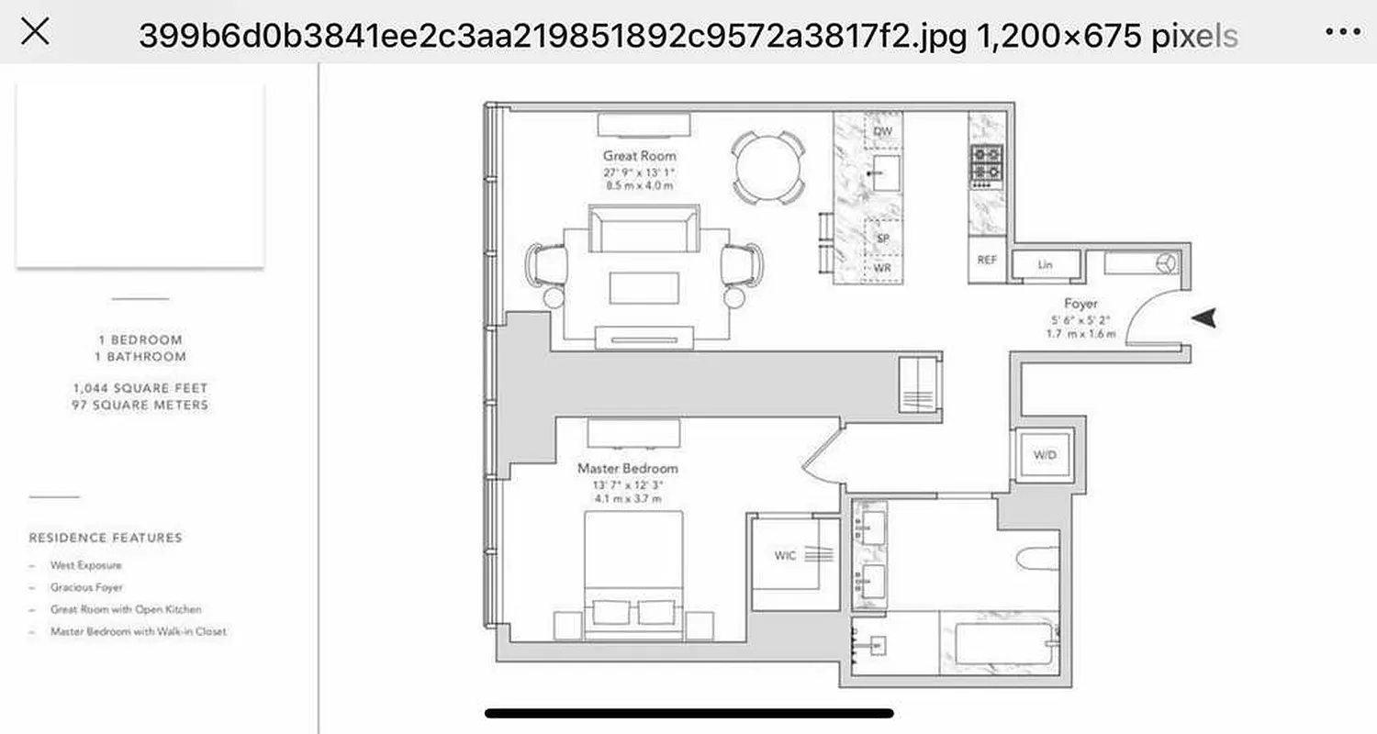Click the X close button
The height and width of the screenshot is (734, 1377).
(x=35, y=32)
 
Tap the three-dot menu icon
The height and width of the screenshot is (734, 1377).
(x=1342, y=32)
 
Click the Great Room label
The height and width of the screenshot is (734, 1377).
(x=639, y=156)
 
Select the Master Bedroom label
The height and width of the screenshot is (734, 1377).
(x=627, y=468)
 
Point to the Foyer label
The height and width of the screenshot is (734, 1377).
(x=1080, y=303)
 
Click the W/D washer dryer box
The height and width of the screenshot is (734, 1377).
(x=1045, y=455)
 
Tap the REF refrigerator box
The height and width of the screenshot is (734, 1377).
(x=987, y=261)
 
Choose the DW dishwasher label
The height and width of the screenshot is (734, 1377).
(x=882, y=132)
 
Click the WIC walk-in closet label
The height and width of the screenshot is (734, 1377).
(x=785, y=555)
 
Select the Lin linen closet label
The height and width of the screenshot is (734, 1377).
(x=1045, y=265)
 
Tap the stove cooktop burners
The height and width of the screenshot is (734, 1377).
(x=987, y=163)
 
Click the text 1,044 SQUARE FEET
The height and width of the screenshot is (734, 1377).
(x=140, y=388)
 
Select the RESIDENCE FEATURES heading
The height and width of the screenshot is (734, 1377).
(x=106, y=538)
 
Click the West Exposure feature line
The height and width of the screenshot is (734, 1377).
(x=85, y=566)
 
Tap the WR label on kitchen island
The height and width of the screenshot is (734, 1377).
(x=882, y=268)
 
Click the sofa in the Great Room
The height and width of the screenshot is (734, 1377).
(x=644, y=229)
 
